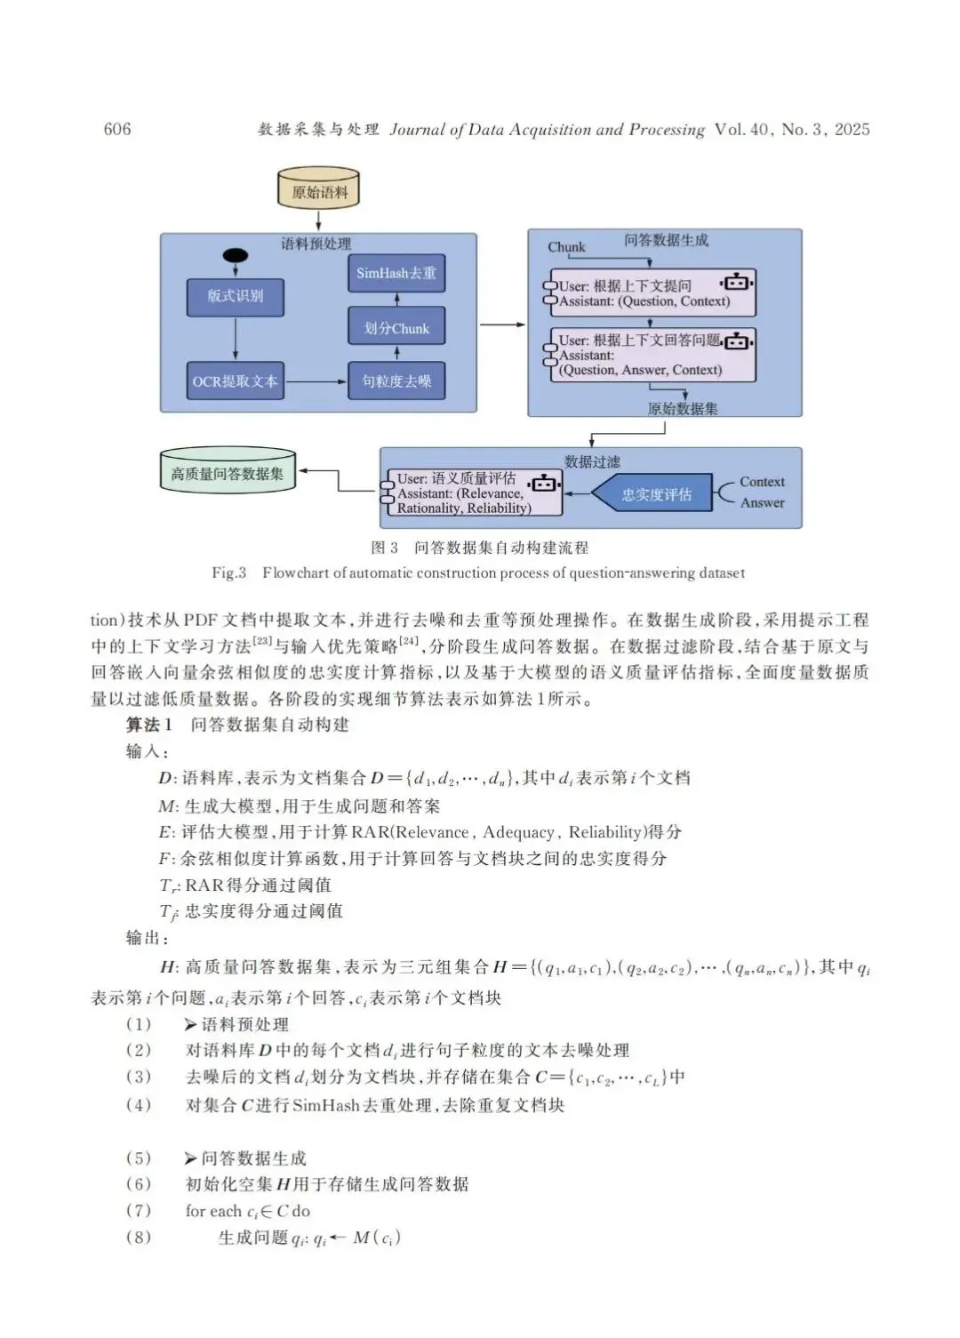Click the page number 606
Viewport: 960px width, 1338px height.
tap(117, 130)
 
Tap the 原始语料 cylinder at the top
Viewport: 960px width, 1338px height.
tap(319, 190)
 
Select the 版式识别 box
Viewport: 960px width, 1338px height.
tap(236, 297)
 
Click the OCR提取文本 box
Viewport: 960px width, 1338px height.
tap(236, 381)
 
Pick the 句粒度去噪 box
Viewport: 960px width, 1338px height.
tap(396, 381)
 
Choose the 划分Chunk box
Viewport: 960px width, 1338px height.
tap(396, 328)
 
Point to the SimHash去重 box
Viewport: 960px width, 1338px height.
tap(396, 273)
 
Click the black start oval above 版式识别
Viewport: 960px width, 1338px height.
tap(235, 256)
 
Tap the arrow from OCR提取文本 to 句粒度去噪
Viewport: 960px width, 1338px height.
tap(316, 381)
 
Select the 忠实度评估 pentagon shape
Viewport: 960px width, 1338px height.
tap(654, 494)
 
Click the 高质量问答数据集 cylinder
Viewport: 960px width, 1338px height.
tap(228, 472)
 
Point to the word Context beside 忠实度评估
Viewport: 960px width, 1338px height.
tap(762, 482)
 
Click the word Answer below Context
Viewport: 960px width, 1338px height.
tap(762, 502)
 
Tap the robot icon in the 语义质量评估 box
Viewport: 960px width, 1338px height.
tap(544, 483)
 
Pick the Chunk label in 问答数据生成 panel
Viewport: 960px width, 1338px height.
tap(566, 247)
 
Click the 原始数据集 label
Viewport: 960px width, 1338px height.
tap(682, 409)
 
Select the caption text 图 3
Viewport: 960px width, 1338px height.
tap(384, 548)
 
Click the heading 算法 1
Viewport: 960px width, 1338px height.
tap(148, 725)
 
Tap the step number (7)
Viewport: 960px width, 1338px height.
tap(139, 1211)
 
